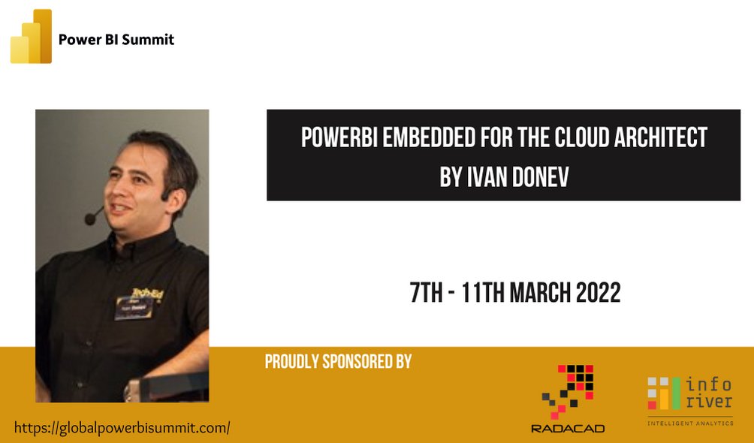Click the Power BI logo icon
pyautogui.click(x=32, y=37)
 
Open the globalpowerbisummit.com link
pyautogui.click(x=122, y=428)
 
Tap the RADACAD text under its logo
pyautogui.click(x=568, y=428)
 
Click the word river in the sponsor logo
pyautogui.click(x=708, y=402)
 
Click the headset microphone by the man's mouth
pyautogui.click(x=92, y=219)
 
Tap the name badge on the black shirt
pyautogui.click(x=134, y=307)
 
